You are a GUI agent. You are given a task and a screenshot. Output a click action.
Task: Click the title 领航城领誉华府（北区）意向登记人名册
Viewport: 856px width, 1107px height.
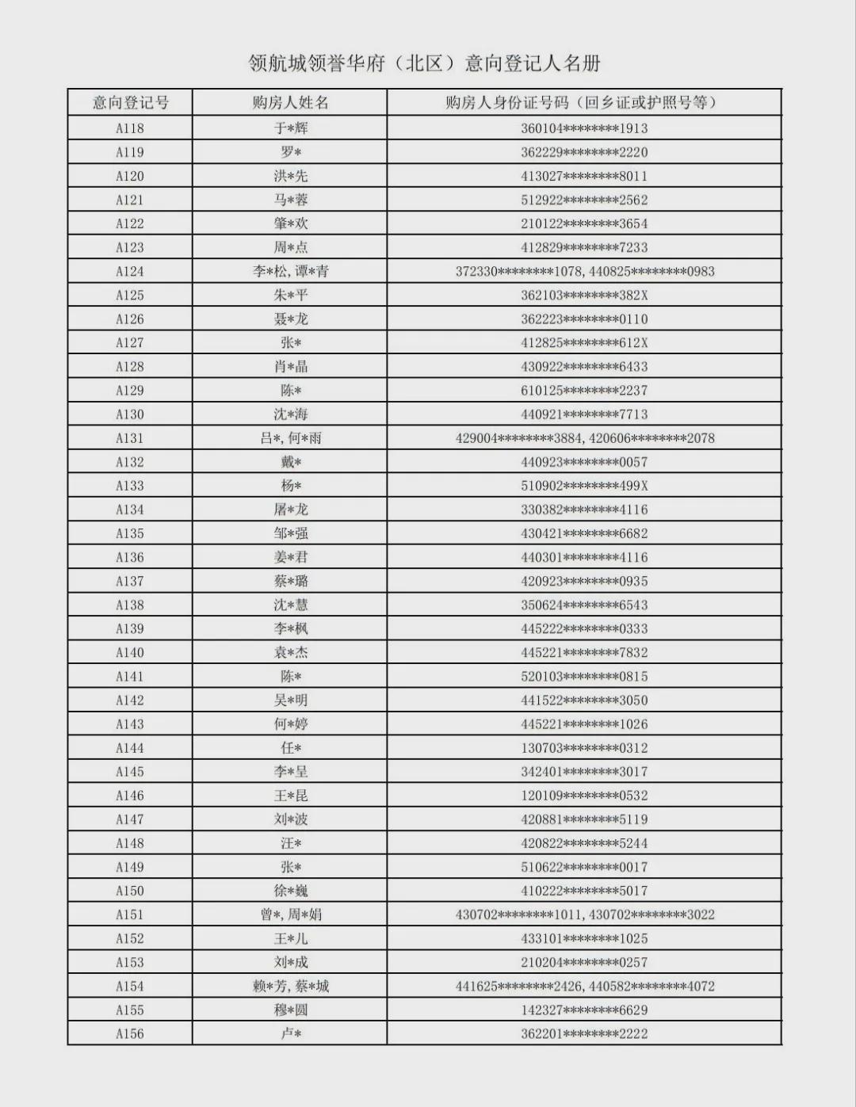click(x=425, y=63)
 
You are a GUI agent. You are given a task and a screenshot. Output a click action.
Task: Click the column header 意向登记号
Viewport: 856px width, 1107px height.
click(x=130, y=102)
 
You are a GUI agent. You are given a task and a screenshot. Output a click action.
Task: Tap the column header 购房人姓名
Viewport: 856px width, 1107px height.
click(x=290, y=102)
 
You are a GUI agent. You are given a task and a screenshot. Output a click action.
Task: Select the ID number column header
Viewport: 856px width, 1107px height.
click(x=584, y=102)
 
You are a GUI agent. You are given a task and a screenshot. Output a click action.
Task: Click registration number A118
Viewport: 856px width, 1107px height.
click(x=130, y=128)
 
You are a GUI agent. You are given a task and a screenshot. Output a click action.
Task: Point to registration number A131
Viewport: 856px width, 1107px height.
click(x=130, y=438)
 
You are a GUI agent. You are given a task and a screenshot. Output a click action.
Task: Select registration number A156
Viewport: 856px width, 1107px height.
click(x=130, y=1033)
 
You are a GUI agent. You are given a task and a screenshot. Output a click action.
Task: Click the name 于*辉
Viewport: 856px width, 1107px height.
click(x=291, y=128)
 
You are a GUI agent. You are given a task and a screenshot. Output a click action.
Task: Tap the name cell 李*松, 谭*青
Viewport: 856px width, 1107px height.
click(x=291, y=271)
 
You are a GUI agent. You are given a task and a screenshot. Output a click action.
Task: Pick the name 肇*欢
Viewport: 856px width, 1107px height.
click(x=291, y=223)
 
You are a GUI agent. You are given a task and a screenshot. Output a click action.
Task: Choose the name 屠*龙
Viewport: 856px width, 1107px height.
click(x=291, y=510)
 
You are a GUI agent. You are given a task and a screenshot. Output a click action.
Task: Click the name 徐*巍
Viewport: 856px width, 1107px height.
click(x=291, y=891)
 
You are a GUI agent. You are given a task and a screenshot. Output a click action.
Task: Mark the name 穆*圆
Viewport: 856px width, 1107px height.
click(x=291, y=1010)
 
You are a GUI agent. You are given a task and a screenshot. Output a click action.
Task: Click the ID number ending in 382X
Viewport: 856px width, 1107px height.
click(x=584, y=295)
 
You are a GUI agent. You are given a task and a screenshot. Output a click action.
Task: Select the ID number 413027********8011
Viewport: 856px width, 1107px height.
click(x=584, y=176)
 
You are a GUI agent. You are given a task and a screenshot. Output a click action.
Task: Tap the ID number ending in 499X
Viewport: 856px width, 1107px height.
click(x=584, y=486)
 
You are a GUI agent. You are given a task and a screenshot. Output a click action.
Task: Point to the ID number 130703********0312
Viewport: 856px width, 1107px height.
click(x=584, y=747)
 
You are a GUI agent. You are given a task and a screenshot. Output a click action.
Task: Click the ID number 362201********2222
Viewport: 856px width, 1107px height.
click(x=584, y=1033)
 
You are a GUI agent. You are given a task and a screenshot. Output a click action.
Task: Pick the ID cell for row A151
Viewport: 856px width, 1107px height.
click(x=584, y=914)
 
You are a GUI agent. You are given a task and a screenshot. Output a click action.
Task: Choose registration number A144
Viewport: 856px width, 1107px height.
click(x=130, y=747)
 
